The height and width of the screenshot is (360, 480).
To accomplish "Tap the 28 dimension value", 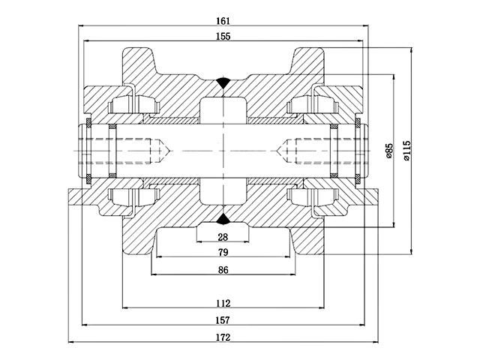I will [222, 237].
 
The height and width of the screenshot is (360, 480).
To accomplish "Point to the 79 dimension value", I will [222, 253].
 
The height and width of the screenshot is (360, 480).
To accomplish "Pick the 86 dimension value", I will [222, 270].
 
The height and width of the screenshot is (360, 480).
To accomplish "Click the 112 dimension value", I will [222, 303].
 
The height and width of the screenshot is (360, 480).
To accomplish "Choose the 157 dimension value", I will [222, 320].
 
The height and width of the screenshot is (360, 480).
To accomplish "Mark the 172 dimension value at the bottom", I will [222, 337].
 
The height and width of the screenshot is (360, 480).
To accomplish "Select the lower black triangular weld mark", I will [223, 219].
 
